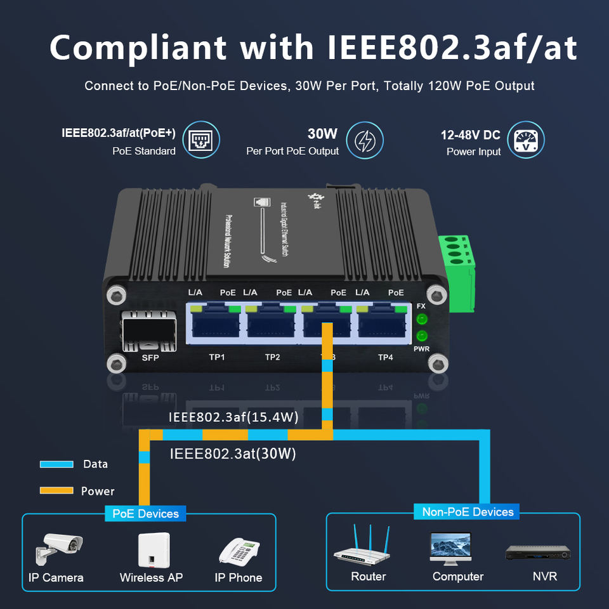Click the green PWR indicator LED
421,336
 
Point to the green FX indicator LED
421,320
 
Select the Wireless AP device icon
151,549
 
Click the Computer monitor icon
450,547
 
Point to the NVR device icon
539,551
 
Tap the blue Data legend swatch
57,464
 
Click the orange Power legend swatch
57,490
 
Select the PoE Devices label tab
145,513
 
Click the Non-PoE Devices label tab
468,511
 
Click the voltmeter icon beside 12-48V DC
526,141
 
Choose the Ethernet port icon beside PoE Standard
201,141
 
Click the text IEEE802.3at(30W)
233,454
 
